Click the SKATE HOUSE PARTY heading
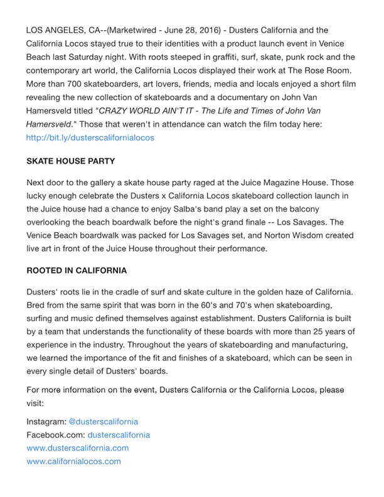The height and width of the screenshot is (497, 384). [70, 161]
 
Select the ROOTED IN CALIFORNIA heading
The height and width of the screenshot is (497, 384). [77, 271]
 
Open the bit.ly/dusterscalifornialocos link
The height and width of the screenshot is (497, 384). [90, 137]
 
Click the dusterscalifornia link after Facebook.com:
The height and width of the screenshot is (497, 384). [119, 434]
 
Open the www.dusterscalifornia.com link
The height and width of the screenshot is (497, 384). [78, 448]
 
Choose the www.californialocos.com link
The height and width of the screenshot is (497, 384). [74, 461]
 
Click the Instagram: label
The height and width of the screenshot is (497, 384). [46, 422]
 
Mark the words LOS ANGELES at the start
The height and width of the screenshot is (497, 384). [53, 29]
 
